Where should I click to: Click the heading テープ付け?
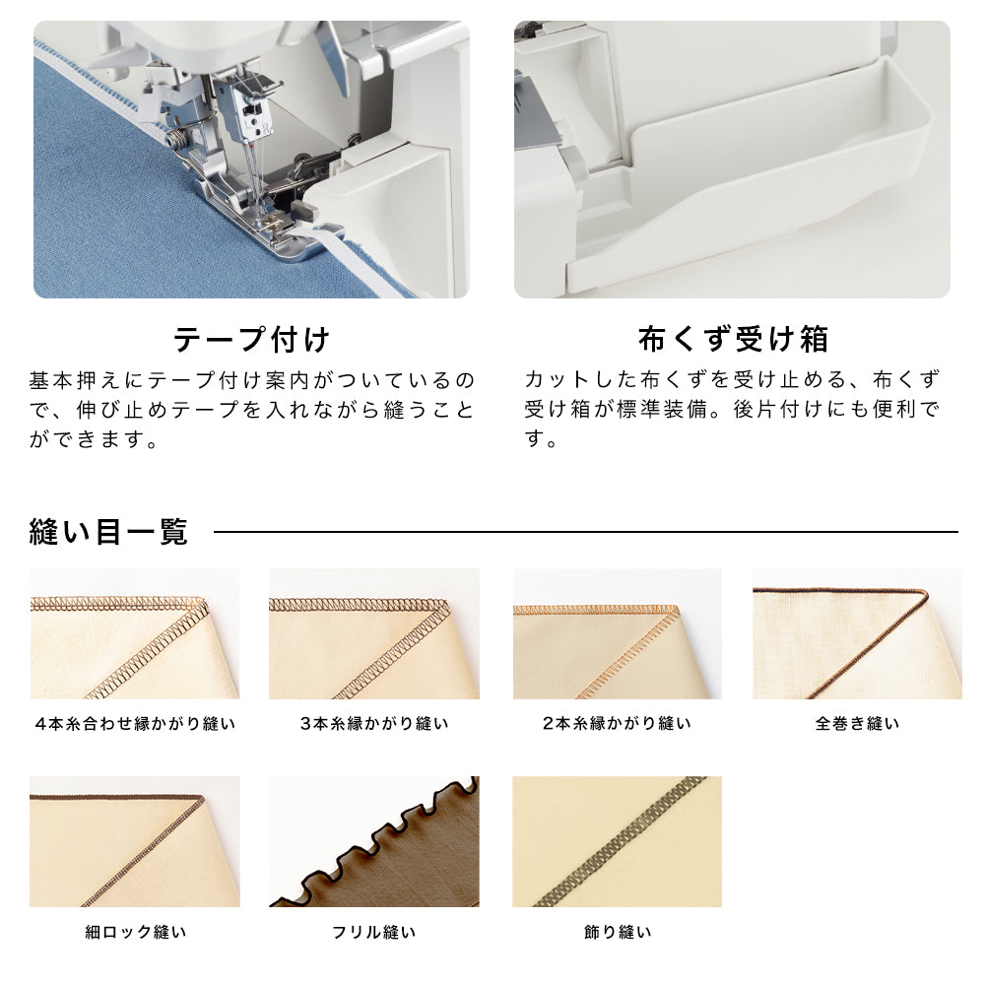[x=251, y=340]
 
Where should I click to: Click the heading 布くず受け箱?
[x=733, y=339]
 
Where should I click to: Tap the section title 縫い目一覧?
[x=108, y=532]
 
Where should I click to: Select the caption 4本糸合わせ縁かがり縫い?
[x=135, y=724]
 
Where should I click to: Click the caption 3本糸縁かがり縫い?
[x=374, y=724]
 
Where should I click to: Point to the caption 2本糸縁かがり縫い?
[x=617, y=724]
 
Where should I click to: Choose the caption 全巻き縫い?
[x=857, y=724]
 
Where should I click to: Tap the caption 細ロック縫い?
[x=136, y=932]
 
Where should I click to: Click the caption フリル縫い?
[x=374, y=932]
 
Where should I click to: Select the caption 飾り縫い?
[x=618, y=932]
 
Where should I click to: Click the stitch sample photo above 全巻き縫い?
[x=857, y=633]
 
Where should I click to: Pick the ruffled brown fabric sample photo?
[x=374, y=842]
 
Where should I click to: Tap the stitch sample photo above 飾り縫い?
[x=617, y=842]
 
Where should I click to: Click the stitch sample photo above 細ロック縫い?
[x=134, y=842]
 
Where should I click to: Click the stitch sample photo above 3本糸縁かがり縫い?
[x=374, y=633]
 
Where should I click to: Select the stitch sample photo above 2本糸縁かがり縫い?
[x=618, y=633]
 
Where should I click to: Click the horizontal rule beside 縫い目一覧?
[x=586, y=532]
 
